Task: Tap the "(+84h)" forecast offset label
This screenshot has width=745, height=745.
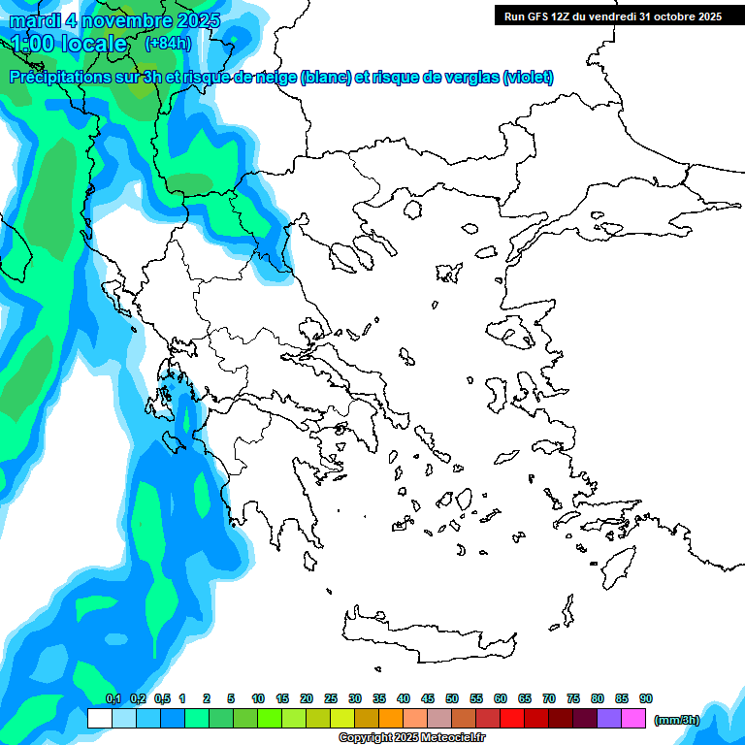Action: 168,44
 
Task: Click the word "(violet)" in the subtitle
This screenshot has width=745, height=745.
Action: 528,78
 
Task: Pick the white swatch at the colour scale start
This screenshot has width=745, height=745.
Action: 99,718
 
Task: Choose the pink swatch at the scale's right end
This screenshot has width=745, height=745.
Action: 633,718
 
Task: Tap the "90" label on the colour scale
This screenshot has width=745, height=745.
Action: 646,698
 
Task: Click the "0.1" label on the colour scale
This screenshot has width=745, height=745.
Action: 113,698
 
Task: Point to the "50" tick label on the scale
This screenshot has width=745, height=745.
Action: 452,698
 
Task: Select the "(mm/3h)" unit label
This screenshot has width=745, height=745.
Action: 676,720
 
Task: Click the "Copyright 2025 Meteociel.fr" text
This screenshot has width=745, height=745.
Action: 411,738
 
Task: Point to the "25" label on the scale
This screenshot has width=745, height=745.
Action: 331,698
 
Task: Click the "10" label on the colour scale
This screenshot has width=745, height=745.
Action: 258,698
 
